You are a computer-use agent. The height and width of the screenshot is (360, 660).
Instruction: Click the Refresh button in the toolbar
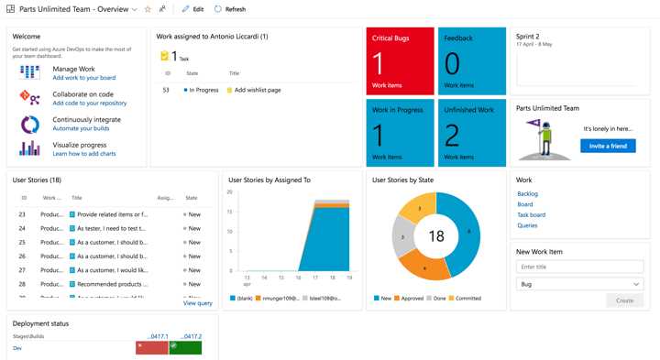pos(229,8)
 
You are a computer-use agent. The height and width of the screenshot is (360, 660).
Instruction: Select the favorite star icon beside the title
pos(148,8)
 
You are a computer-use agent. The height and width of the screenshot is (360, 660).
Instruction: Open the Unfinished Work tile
pos(471,133)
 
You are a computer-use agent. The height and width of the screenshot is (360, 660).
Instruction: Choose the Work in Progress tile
pos(399,133)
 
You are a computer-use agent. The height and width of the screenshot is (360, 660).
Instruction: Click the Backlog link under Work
pos(527,194)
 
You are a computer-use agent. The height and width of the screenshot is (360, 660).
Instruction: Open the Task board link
pos(531,214)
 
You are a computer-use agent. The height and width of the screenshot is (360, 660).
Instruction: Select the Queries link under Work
pos(527,224)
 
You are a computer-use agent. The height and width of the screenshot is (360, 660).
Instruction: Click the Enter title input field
pos(578,267)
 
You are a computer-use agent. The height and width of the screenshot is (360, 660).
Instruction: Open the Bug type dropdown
pos(578,284)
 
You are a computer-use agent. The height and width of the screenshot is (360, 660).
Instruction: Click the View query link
pos(197,302)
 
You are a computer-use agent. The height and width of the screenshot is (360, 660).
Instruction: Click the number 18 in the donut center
pos(436,236)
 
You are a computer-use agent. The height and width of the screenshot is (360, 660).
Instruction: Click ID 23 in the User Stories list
pos(22,213)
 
